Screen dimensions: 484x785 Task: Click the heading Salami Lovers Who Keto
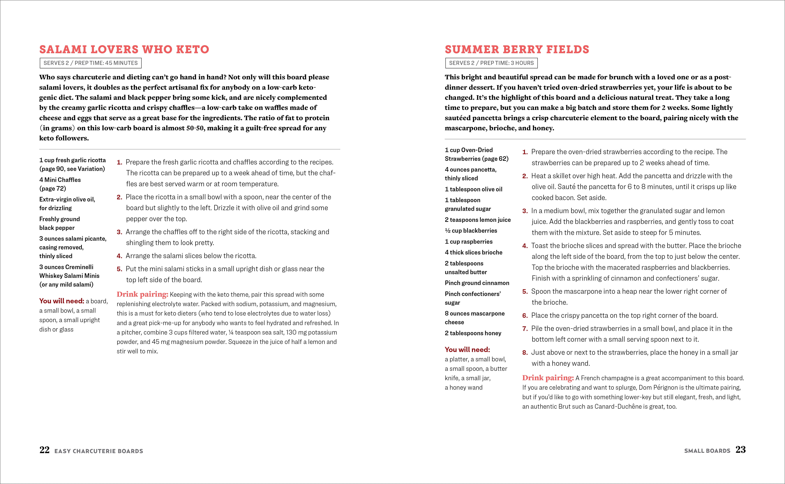124,50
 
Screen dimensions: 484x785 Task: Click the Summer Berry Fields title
517,50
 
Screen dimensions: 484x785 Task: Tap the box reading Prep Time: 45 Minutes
90,63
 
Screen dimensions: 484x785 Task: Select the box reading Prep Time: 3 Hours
491,63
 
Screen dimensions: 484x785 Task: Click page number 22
44,450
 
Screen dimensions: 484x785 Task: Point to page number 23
741,450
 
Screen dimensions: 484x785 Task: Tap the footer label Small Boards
707,451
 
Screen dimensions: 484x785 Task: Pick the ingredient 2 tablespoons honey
473,333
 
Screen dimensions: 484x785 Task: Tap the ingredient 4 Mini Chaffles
60,180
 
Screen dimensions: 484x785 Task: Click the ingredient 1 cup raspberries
468,242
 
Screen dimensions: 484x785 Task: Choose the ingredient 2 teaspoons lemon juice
478,220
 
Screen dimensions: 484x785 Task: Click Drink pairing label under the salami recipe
142,294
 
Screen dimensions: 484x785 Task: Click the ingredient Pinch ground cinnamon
477,283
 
